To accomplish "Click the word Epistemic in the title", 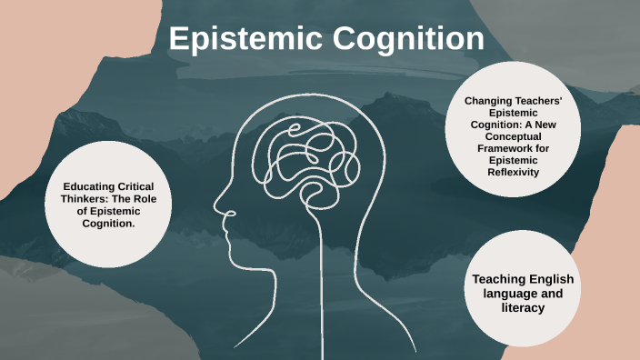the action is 240,39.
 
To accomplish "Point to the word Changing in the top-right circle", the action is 488,100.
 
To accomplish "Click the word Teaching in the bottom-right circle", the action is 494,278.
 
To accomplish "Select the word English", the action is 550,278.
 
